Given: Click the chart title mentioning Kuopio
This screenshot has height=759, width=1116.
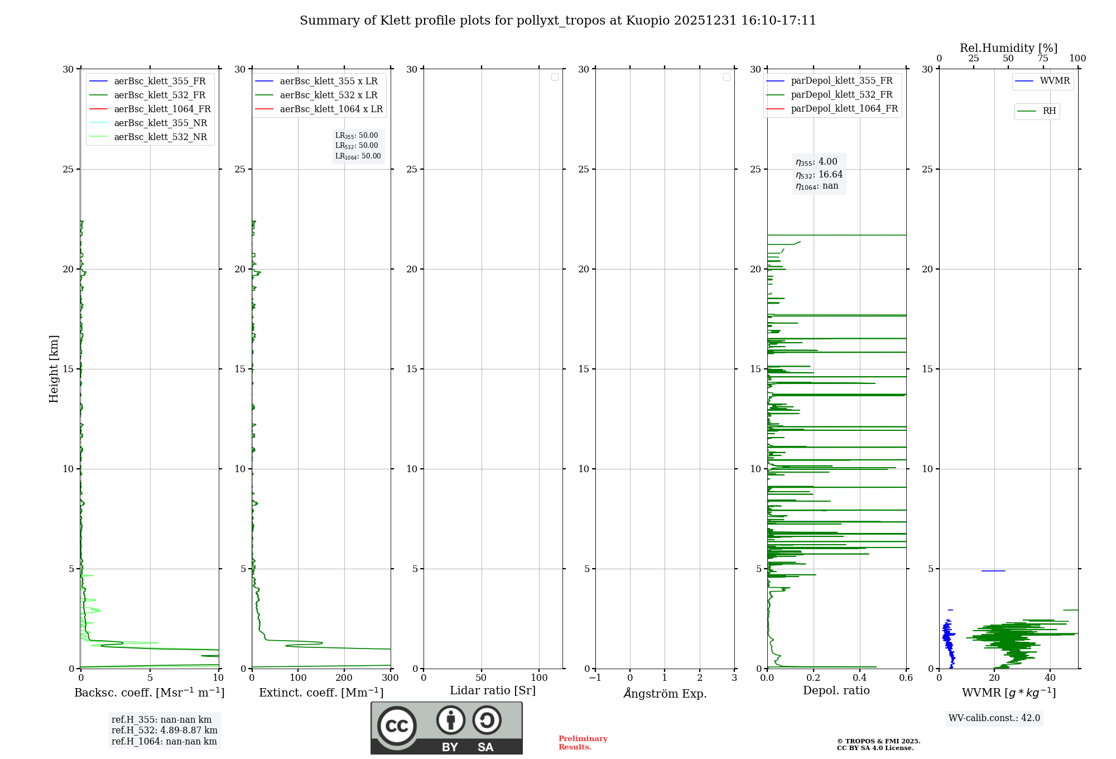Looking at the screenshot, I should coord(558,21).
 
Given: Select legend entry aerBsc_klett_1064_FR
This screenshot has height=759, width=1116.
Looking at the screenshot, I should coord(162,109).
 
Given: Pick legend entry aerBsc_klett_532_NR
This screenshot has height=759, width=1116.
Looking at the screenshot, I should coord(160,137).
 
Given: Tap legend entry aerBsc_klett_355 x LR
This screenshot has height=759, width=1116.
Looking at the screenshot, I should coord(328,81).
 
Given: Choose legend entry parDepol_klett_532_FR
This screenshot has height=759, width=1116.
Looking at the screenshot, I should coord(841,95).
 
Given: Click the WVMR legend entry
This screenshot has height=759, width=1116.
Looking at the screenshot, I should coord(1054,81).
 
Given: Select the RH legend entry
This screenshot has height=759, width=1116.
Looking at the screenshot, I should coord(1048,111).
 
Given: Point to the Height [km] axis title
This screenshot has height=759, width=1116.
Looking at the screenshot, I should coord(54,369).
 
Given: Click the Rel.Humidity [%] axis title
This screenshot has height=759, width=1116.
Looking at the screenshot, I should coord(1008,48).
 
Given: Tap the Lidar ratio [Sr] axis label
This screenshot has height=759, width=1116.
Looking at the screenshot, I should coord(493,691).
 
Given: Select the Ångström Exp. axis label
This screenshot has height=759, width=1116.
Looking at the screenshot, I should coord(665,693).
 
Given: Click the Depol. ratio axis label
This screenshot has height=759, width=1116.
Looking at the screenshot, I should coord(836,691).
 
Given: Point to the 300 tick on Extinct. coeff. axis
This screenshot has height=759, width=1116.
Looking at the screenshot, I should coord(391,678).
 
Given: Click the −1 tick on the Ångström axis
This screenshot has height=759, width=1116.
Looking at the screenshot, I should coord(595,678).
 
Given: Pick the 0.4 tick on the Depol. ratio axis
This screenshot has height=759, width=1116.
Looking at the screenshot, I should coord(860,678).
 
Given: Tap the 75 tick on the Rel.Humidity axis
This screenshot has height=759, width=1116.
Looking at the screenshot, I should coord(1043,59).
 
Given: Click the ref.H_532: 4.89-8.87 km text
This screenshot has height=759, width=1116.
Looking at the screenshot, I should coord(164,731).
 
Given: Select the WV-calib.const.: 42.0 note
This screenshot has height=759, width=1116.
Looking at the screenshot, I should coord(994,718).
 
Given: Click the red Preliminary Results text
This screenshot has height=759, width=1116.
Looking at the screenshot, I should coord(583,743).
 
